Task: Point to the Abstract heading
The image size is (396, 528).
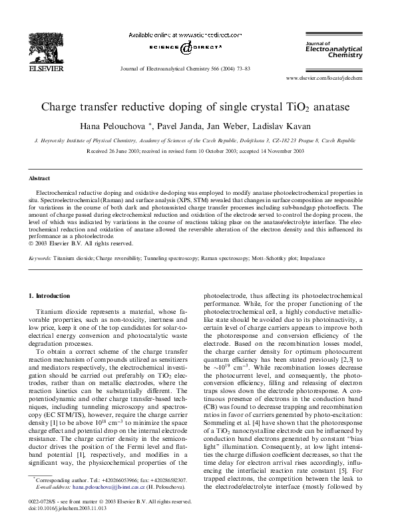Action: coord(39,179)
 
